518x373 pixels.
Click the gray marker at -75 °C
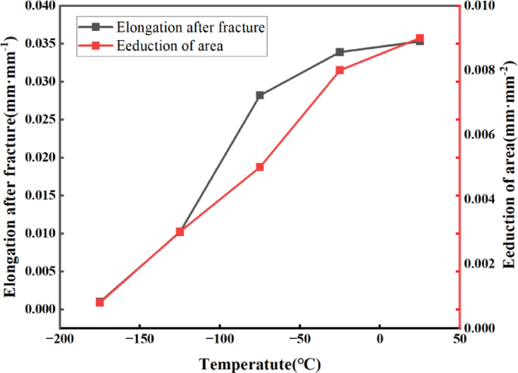[x=260, y=95]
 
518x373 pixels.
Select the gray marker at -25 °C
[x=340, y=52]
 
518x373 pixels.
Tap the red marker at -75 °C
[x=259, y=167]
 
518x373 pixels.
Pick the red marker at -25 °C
[x=340, y=70]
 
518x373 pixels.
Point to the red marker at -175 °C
[x=100, y=302]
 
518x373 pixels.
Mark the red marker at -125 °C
[x=180, y=232]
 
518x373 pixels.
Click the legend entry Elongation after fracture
[x=190, y=27]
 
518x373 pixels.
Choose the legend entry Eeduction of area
[x=171, y=46]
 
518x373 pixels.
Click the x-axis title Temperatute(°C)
[x=259, y=364]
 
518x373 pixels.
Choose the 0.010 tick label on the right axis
[x=482, y=6]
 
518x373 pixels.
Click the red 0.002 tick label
[x=482, y=263]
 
